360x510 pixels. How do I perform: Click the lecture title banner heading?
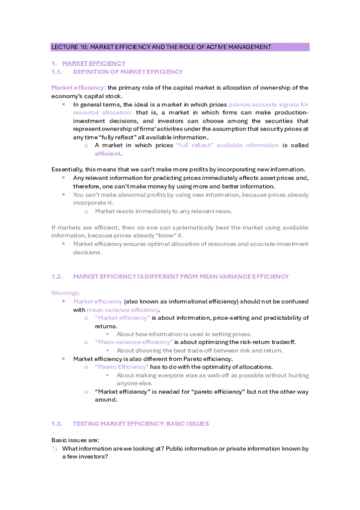tap(161, 47)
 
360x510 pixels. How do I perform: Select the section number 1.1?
tap(57, 72)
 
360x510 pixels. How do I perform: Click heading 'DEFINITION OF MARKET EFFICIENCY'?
tap(127, 72)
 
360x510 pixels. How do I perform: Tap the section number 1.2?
tap(57, 276)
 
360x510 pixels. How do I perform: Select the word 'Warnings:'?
tap(64, 292)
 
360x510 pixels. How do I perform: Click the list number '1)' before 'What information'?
tap(54, 448)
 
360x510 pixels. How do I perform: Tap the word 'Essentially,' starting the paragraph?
tap(69, 170)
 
